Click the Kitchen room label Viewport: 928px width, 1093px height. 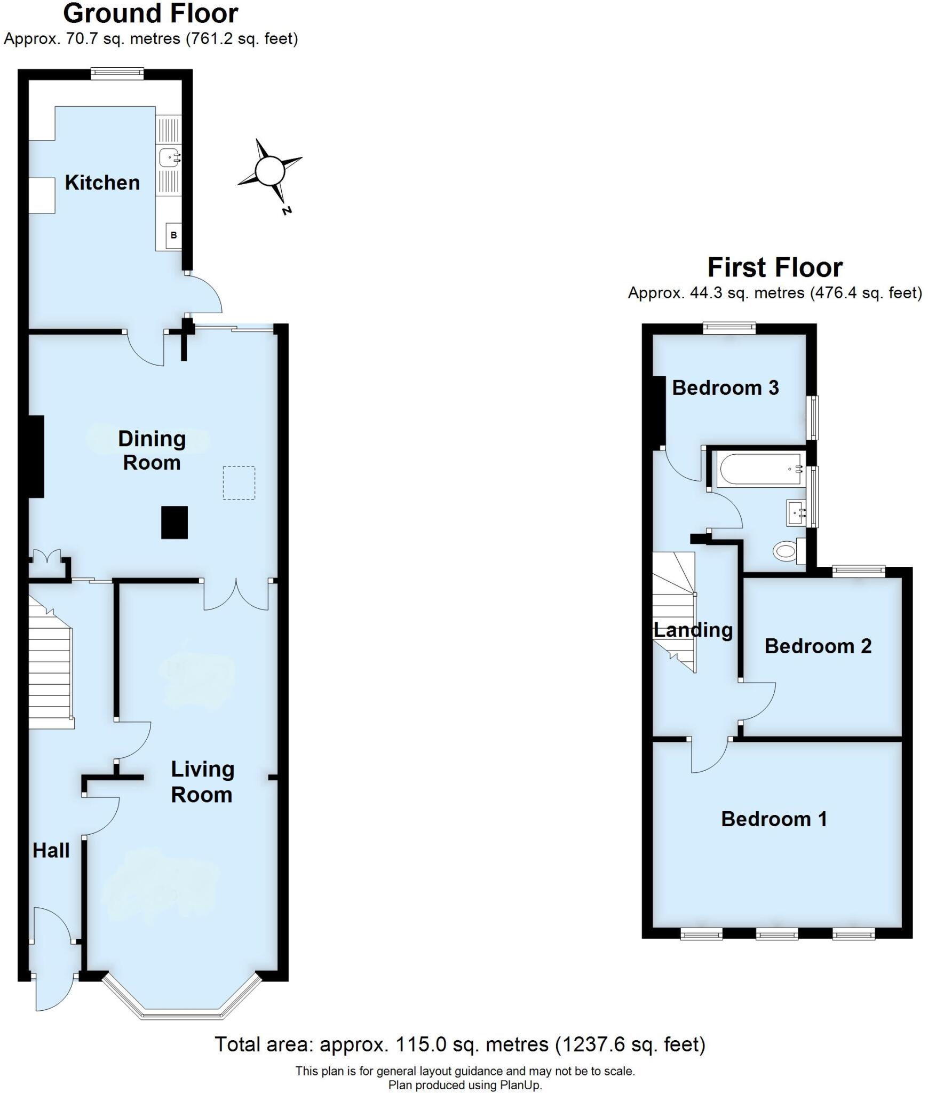102,183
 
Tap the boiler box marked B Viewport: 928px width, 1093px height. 173,235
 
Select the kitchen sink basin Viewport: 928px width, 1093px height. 170,157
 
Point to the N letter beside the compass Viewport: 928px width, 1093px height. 287,210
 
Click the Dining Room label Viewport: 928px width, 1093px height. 152,450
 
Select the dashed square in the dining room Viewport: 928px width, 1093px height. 239,483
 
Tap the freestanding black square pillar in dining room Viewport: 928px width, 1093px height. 175,522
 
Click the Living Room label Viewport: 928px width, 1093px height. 202,782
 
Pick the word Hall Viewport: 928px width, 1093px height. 51,850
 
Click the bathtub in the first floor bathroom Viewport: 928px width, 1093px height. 760,470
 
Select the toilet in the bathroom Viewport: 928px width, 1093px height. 787,550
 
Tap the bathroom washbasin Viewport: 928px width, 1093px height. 797,513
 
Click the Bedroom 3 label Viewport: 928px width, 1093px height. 725,387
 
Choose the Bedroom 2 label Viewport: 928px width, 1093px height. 818,646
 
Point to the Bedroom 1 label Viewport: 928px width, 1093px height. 774,819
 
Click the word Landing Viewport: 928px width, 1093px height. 693,630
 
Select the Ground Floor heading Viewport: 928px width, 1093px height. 150,13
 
